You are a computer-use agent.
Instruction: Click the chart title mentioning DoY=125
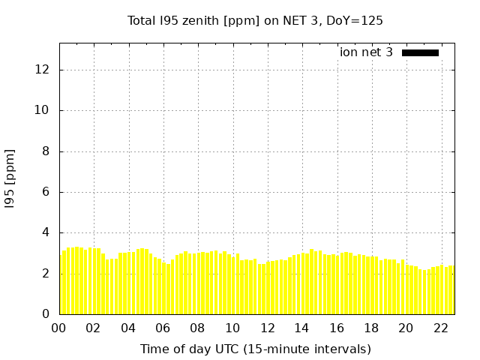click(x=255, y=21)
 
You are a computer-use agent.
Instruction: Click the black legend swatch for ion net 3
click(x=420, y=52)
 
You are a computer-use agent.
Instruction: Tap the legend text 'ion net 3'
click(x=366, y=52)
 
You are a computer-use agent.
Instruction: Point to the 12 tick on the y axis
click(x=42, y=70)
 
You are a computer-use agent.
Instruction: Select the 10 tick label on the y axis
click(x=42, y=110)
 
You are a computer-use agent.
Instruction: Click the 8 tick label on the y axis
click(x=46, y=151)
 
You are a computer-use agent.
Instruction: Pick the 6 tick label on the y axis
click(x=46, y=192)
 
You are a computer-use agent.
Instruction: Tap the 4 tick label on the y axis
click(x=46, y=232)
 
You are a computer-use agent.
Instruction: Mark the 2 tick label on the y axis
click(x=46, y=273)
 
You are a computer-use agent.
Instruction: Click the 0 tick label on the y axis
click(x=46, y=314)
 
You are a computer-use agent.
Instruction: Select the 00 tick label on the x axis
click(x=58, y=328)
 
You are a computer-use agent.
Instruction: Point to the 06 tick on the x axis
click(x=163, y=328)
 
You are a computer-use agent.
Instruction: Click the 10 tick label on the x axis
click(x=232, y=328)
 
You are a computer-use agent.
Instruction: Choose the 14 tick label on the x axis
click(x=301, y=328)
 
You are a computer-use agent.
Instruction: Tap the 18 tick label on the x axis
click(x=372, y=328)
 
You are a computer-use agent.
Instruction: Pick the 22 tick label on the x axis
click(x=441, y=328)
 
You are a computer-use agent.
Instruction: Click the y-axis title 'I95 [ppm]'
click(x=10, y=178)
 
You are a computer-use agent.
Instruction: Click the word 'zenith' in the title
click(x=200, y=21)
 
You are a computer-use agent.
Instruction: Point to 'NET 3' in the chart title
click(x=300, y=21)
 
